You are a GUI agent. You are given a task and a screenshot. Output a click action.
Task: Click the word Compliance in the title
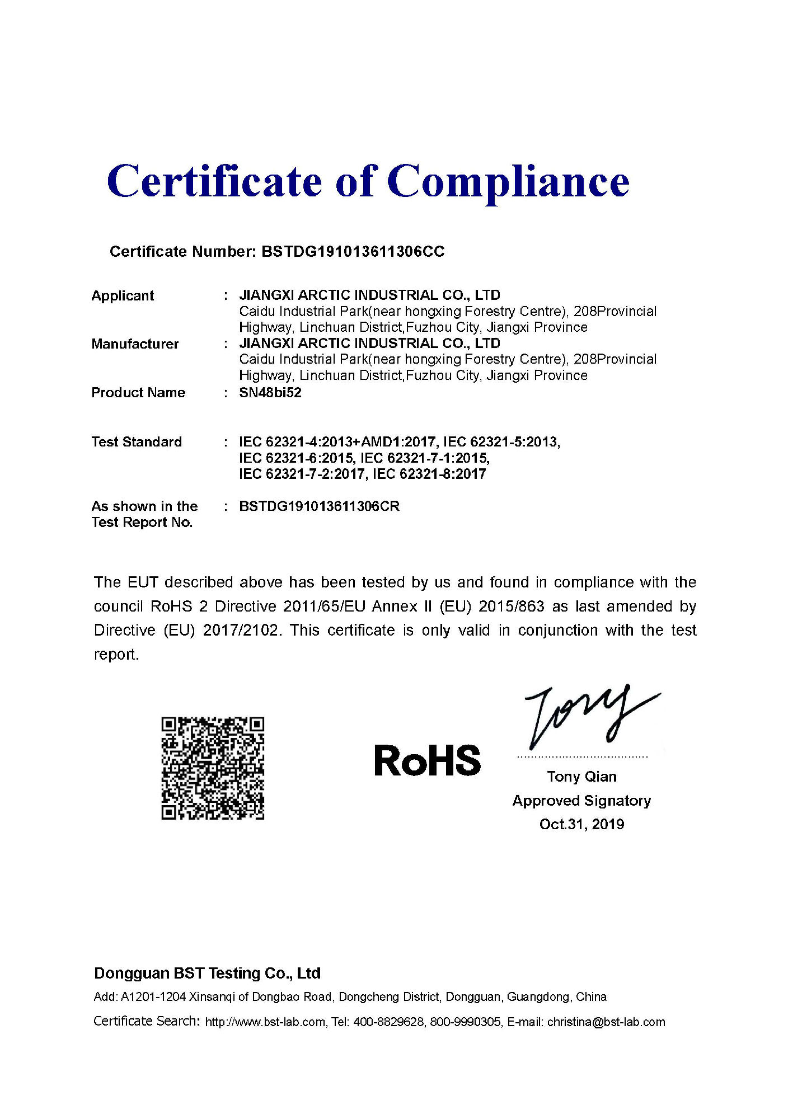(508, 182)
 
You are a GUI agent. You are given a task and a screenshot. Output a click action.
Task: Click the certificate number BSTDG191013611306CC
(353, 252)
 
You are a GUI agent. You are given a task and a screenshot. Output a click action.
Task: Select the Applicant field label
(123, 296)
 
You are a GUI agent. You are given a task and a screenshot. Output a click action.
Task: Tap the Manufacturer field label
(135, 344)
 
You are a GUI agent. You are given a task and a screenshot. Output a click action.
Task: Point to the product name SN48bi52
(270, 393)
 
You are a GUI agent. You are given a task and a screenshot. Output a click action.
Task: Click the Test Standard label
(137, 442)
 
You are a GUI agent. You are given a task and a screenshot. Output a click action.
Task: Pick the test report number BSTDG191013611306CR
(319, 506)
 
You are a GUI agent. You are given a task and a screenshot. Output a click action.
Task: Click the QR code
(213, 768)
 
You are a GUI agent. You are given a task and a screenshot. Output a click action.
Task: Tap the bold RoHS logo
(427, 761)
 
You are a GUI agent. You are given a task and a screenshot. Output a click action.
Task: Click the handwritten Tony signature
(588, 716)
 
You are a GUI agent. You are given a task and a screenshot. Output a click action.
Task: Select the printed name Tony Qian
(581, 777)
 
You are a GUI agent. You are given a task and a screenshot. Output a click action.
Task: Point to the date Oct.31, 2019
(581, 824)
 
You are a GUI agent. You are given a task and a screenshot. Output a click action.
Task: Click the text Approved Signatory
(581, 801)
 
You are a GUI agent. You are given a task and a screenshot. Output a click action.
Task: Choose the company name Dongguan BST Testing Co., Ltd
(207, 974)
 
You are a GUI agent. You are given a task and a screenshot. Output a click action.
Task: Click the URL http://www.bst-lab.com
(265, 1022)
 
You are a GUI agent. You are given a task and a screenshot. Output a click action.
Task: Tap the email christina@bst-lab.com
(606, 1022)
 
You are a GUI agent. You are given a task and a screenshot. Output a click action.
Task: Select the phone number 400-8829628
(388, 1022)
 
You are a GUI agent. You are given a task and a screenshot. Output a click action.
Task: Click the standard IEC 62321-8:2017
(429, 474)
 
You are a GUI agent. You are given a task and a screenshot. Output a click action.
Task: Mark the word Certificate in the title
(214, 182)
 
